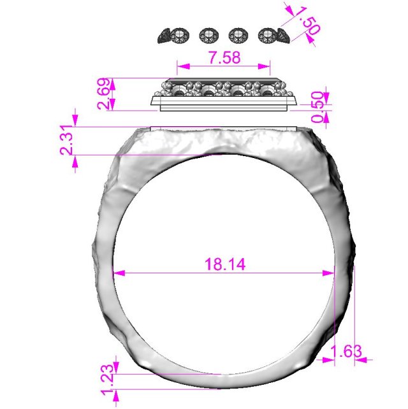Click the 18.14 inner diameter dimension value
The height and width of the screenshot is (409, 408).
224,264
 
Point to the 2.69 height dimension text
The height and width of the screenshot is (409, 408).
106,94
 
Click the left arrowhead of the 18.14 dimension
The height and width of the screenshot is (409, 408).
118,273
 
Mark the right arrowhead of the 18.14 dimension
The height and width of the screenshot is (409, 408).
330,273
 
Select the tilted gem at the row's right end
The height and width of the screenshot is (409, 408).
281,36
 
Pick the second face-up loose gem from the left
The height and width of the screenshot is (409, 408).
208,36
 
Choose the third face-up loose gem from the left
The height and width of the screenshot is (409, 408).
238,36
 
